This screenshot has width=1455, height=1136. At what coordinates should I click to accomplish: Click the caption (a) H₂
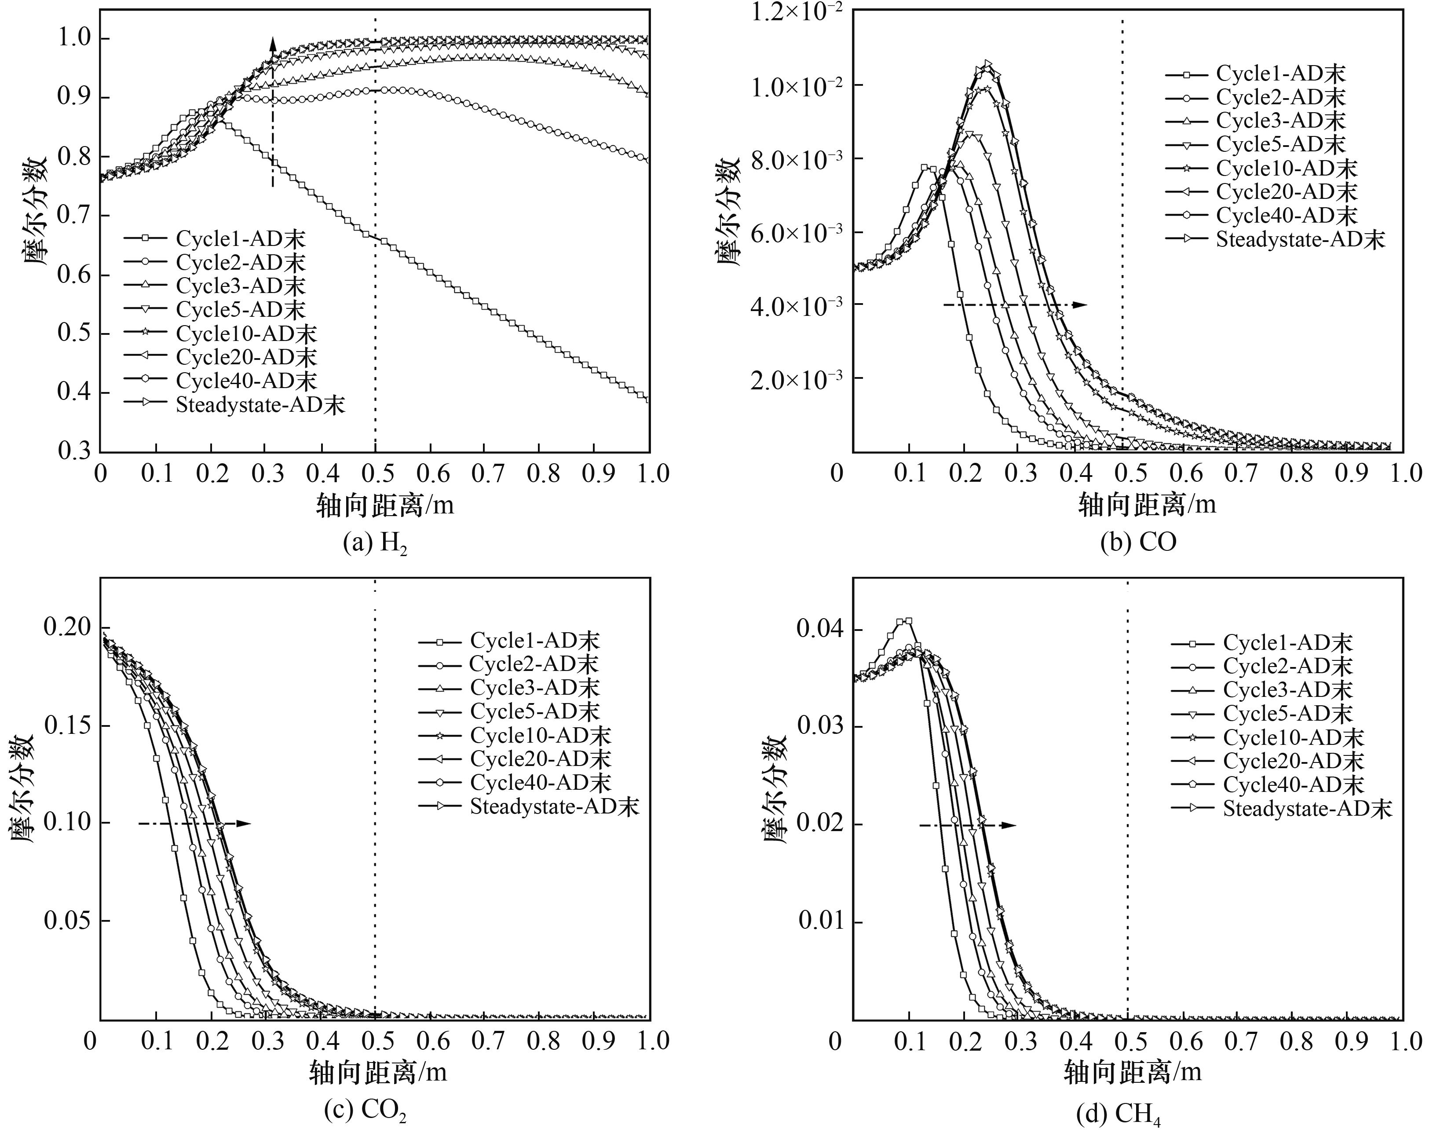(x=374, y=544)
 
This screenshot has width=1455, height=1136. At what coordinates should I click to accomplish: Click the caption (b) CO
(x=1138, y=541)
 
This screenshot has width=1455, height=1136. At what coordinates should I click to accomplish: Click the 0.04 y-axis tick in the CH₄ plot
(x=819, y=629)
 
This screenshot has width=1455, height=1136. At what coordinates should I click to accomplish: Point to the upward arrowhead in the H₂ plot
(x=272, y=43)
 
